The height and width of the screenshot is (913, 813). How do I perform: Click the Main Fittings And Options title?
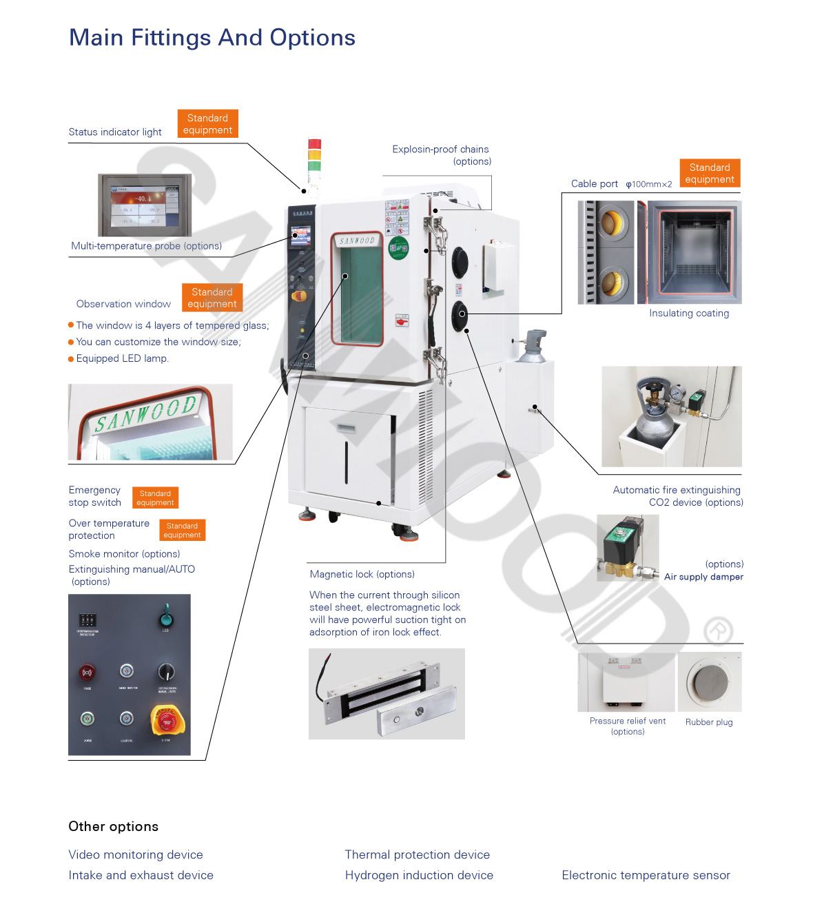pos(212,38)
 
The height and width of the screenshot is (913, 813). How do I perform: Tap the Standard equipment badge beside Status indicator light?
pos(207,124)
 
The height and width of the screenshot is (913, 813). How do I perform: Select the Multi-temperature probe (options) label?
pos(146,246)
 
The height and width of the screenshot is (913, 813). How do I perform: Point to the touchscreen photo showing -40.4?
pos(145,205)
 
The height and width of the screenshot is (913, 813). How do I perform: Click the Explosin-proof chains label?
pos(440,150)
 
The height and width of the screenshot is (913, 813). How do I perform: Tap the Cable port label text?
pos(594,184)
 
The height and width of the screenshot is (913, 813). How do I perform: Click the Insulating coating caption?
pos(688,314)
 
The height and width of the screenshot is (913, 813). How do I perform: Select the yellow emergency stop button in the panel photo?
pos(167,721)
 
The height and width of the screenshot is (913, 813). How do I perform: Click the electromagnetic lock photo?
pos(387,694)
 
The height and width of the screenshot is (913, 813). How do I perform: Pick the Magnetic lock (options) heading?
pos(362,575)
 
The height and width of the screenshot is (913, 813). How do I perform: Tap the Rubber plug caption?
pos(709,722)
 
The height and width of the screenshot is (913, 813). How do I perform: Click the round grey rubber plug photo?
pos(710,682)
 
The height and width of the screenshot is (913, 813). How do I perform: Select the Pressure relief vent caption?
pos(628,721)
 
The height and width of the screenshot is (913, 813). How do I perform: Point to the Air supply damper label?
pos(703,577)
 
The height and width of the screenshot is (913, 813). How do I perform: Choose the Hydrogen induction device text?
pos(419,875)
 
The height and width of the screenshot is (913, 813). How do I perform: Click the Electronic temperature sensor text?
pos(646,875)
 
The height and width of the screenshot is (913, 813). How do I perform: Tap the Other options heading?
pos(114,827)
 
